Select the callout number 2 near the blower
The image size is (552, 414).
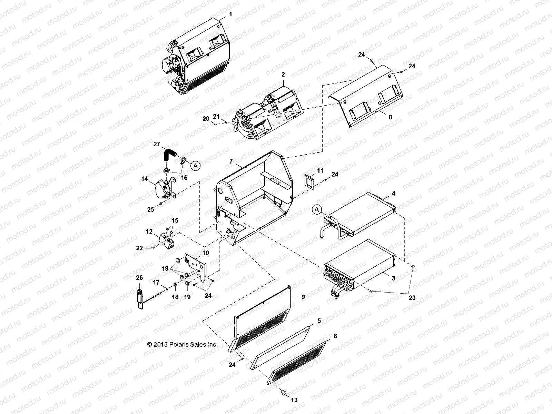(x=283, y=74)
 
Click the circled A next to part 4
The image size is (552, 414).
(x=317, y=209)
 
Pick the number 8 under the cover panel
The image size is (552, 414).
(x=390, y=117)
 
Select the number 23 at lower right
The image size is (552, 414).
(x=412, y=298)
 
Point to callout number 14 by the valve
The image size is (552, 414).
(x=144, y=179)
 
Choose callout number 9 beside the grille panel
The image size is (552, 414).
(x=303, y=297)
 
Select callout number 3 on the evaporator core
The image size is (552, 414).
(x=393, y=278)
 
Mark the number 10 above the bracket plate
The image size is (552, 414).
(x=206, y=253)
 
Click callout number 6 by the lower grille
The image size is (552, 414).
(x=335, y=336)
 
